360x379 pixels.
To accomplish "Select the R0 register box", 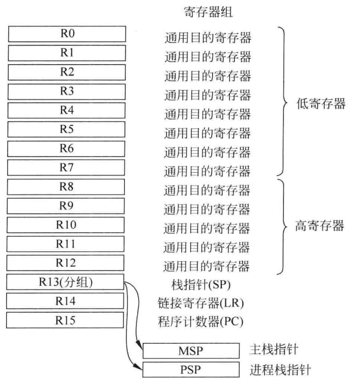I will pos(66,34).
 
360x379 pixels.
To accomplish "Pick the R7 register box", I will pos(66,167).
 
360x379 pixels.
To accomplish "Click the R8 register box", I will pos(66,187).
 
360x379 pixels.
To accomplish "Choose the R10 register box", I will pos(66,225).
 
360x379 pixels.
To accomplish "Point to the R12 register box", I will pos(66,263).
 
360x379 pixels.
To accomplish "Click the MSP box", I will pos(191,350).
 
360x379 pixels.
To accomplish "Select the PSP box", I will pos(191,369).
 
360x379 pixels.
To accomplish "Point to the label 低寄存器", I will pos(321,104).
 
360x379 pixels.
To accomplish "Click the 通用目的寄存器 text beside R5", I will pos(207,133).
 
